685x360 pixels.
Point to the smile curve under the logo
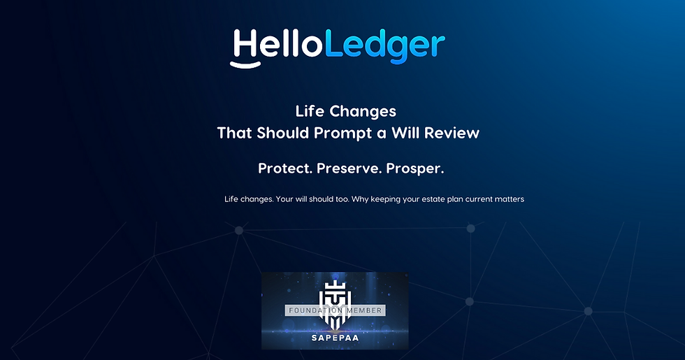pyautogui.click(x=245, y=65)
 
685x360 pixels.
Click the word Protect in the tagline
pyautogui.click(x=285, y=168)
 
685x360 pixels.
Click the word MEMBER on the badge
pyautogui.click(x=361, y=309)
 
